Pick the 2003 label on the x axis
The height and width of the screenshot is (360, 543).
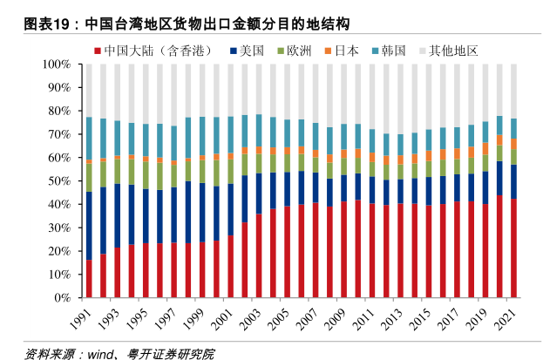tap(251, 317)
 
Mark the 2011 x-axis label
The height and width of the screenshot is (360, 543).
tap(364, 317)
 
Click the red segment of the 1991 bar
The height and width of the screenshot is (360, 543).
tap(89, 279)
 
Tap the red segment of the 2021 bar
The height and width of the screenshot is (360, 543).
tap(514, 248)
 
